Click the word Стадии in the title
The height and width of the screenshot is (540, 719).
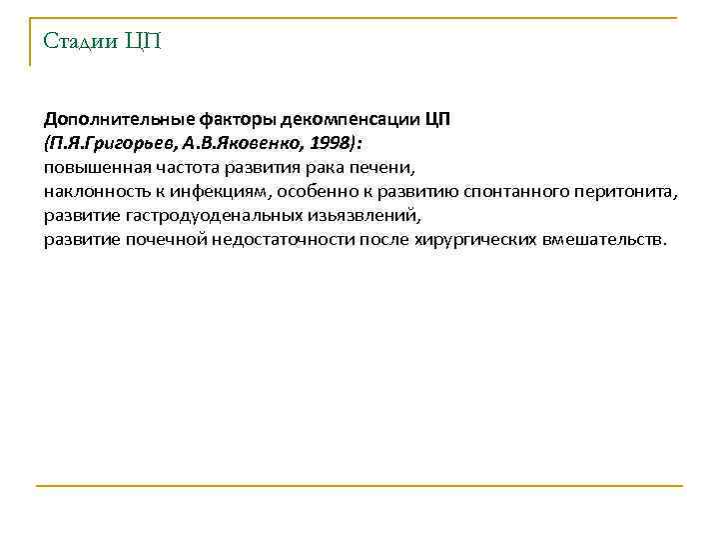(x=78, y=41)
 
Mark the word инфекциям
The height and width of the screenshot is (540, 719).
(x=222, y=190)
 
